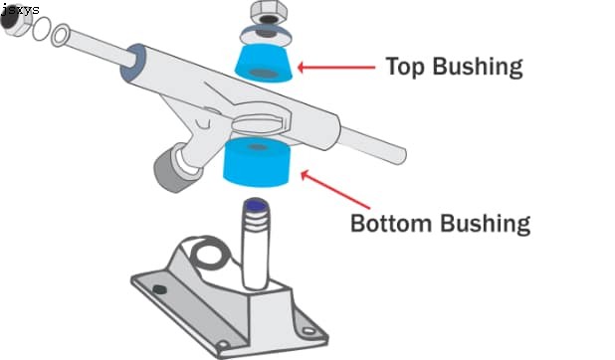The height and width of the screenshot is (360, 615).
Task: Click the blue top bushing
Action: click(264, 62)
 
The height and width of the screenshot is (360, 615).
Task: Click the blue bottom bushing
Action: click(256, 161)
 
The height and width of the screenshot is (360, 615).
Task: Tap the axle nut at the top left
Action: click(14, 26)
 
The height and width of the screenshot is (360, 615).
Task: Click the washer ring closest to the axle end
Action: click(59, 38)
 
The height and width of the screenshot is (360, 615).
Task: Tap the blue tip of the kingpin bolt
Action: click(255, 206)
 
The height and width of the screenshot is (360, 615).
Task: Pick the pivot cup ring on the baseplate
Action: click(205, 253)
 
